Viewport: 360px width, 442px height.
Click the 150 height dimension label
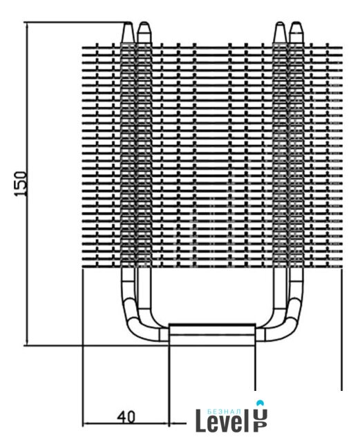pos(21,184)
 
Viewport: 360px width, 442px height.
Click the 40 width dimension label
pos(126,416)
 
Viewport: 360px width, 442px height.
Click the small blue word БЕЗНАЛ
pos(224,412)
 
